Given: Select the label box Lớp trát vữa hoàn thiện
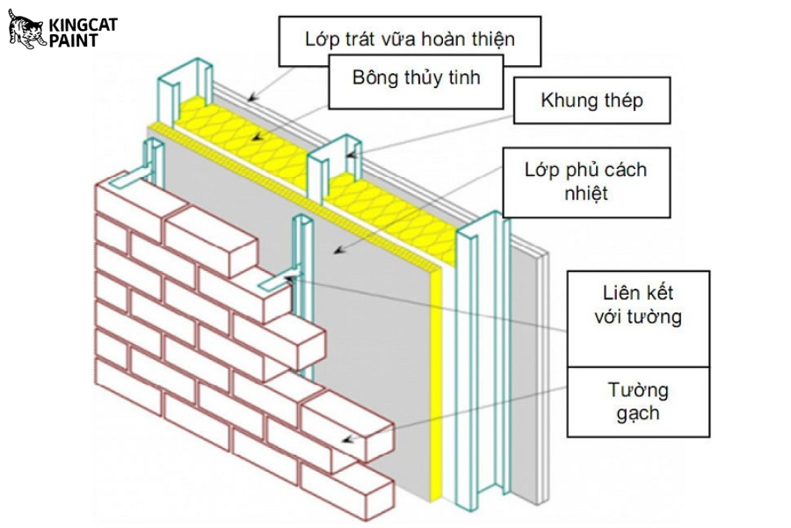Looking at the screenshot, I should point(410,40).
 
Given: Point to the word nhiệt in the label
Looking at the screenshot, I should point(582,194).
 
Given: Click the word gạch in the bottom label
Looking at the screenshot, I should point(637,413).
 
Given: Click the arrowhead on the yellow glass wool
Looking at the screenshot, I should point(255,139).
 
